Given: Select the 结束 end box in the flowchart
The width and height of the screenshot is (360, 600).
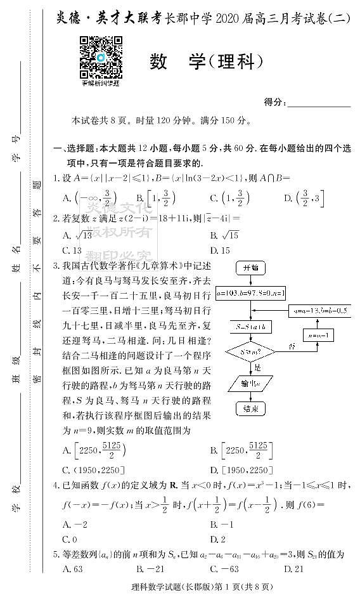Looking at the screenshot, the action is coord(250,408).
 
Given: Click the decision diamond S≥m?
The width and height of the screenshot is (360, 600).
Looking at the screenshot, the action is coord(250,351).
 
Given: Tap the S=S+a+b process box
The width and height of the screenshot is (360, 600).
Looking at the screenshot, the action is coord(250,325).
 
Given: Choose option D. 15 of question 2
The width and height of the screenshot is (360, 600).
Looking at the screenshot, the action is coord(219,250).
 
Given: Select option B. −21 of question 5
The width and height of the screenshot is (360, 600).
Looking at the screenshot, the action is coord(150,569).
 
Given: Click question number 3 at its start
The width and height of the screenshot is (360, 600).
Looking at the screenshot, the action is coord(56,265).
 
